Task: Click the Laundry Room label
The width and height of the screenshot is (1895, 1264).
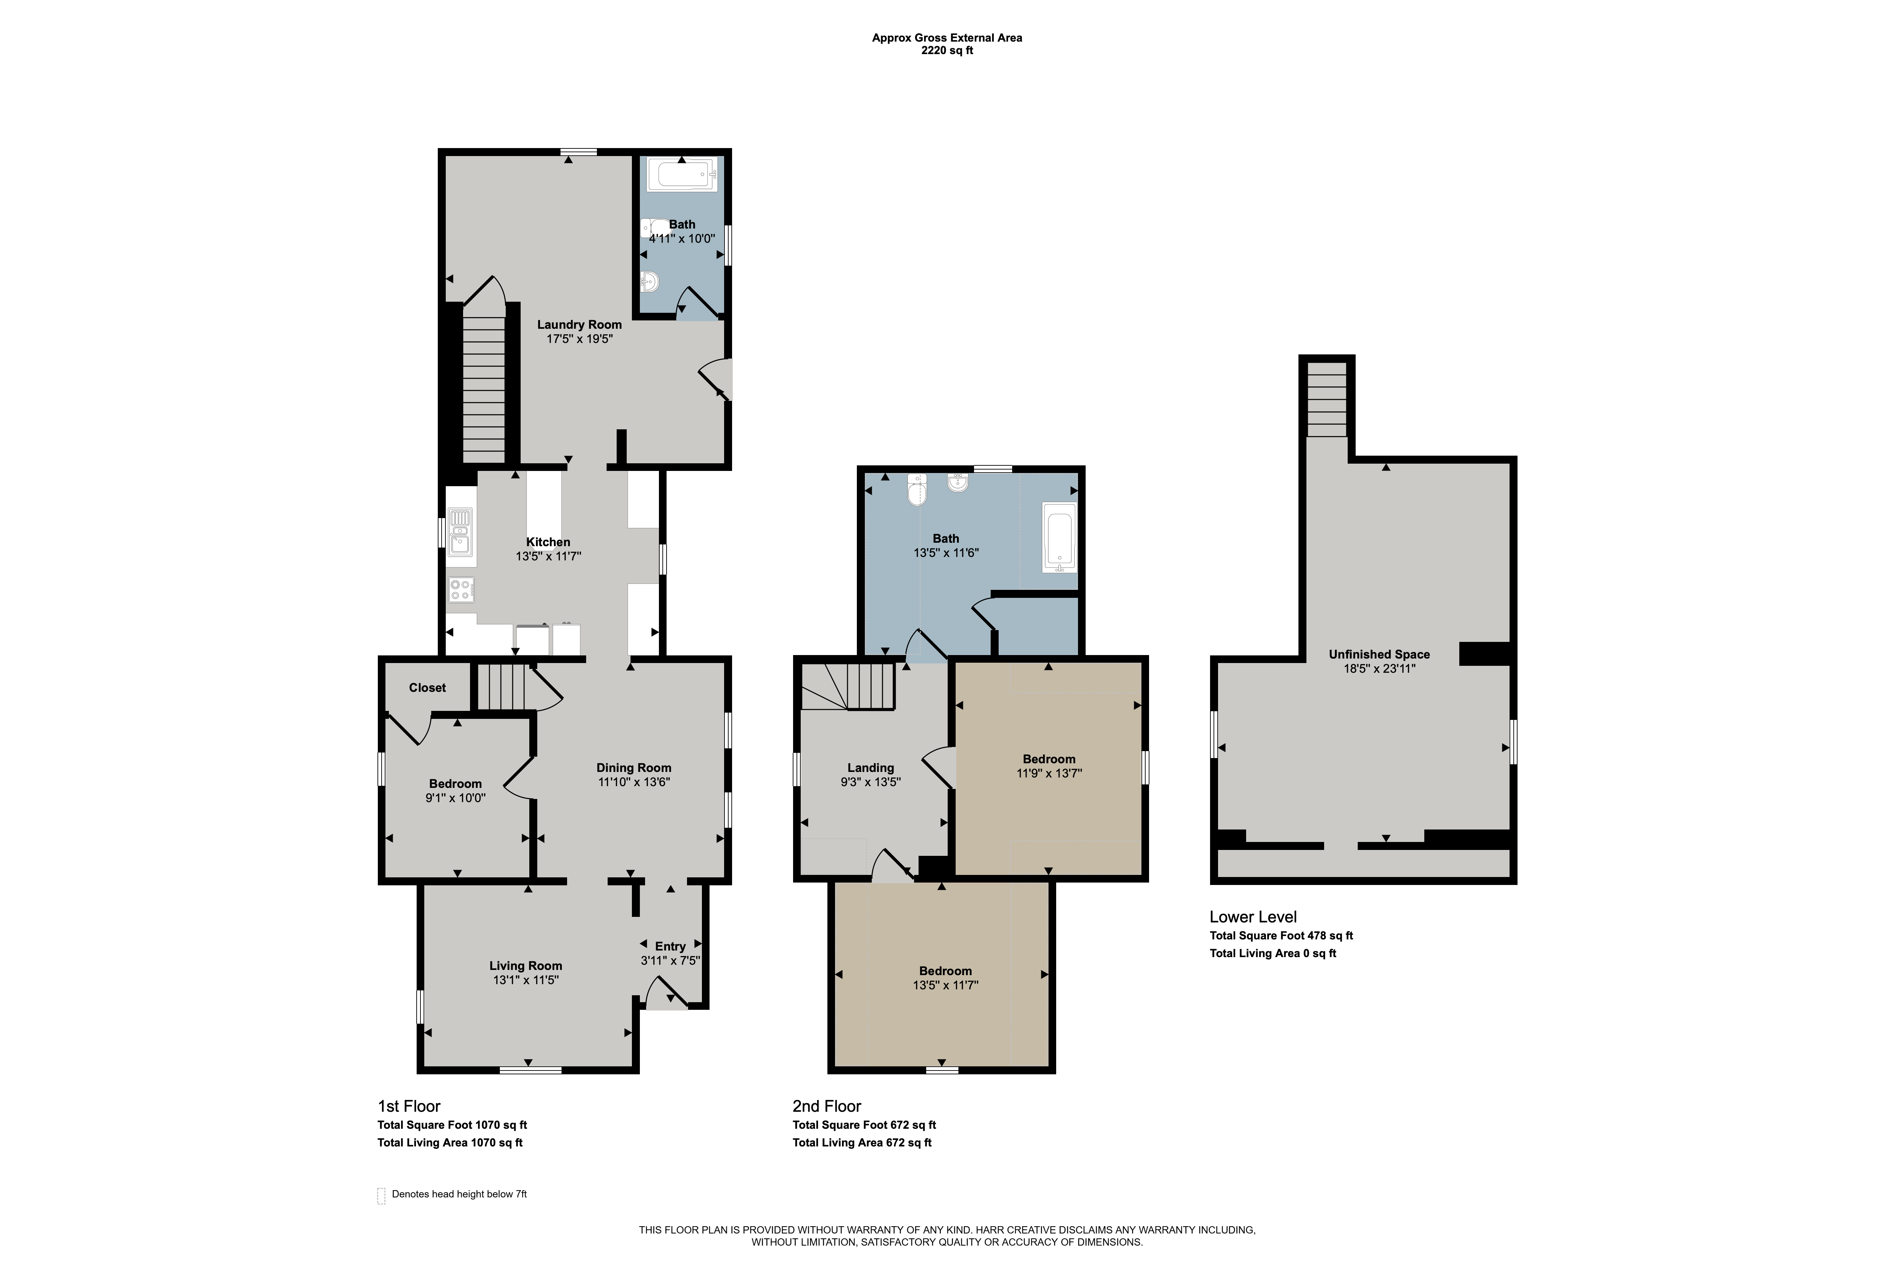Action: tap(579, 325)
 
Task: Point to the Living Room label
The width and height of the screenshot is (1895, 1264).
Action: tap(525, 966)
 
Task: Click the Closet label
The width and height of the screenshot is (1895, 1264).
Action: tap(427, 688)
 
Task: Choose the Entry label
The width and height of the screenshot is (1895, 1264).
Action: tap(670, 946)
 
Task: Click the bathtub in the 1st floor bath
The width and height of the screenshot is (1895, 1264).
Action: tap(683, 174)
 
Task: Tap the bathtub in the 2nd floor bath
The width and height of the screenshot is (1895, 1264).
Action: tap(1060, 538)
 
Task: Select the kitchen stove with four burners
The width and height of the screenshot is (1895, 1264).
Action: tap(461, 589)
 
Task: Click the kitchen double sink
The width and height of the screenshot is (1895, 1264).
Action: tap(461, 531)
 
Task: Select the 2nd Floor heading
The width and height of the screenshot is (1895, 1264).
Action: tap(827, 1106)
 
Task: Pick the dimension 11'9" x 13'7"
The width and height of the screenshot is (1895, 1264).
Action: tap(1049, 773)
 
